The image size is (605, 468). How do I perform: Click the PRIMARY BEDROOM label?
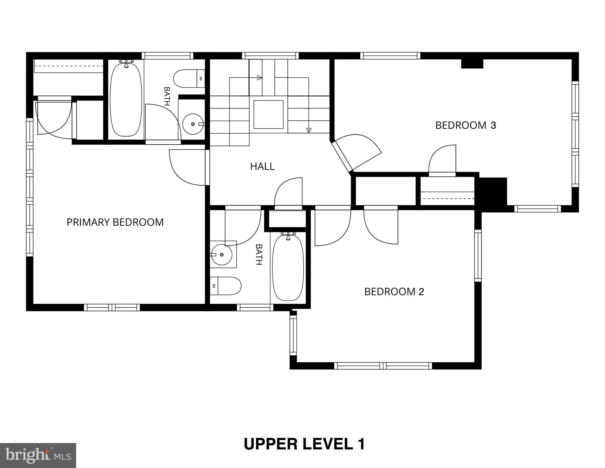pyautogui.click(x=115, y=222)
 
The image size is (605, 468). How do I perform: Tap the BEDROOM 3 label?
pyautogui.click(x=466, y=125)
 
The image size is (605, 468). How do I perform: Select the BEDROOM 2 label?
pyautogui.click(x=394, y=292)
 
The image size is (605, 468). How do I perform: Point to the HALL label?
pyautogui.click(x=262, y=166)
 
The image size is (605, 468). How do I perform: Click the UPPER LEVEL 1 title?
pyautogui.click(x=304, y=444)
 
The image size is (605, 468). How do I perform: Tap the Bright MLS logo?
pyautogui.click(x=38, y=455)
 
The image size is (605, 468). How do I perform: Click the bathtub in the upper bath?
pyautogui.click(x=126, y=99)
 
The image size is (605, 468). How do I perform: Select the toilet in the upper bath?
pyautogui.click(x=189, y=79)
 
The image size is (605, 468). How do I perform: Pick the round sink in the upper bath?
pyautogui.click(x=193, y=124)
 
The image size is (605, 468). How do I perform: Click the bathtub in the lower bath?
pyautogui.click(x=288, y=267)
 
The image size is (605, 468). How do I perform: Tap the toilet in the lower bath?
pyautogui.click(x=226, y=286)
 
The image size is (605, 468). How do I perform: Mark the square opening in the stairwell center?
pyautogui.click(x=269, y=115)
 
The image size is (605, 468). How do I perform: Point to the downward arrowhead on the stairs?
pyautogui.click(x=309, y=130)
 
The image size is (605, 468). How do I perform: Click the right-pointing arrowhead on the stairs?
pyautogui.click(x=259, y=78)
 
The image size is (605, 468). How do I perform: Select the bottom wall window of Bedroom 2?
pyautogui.click(x=383, y=366)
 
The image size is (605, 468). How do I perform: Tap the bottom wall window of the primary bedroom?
pyautogui.click(x=112, y=307)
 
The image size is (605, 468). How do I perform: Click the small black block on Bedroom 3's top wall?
pyautogui.click(x=472, y=64)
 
